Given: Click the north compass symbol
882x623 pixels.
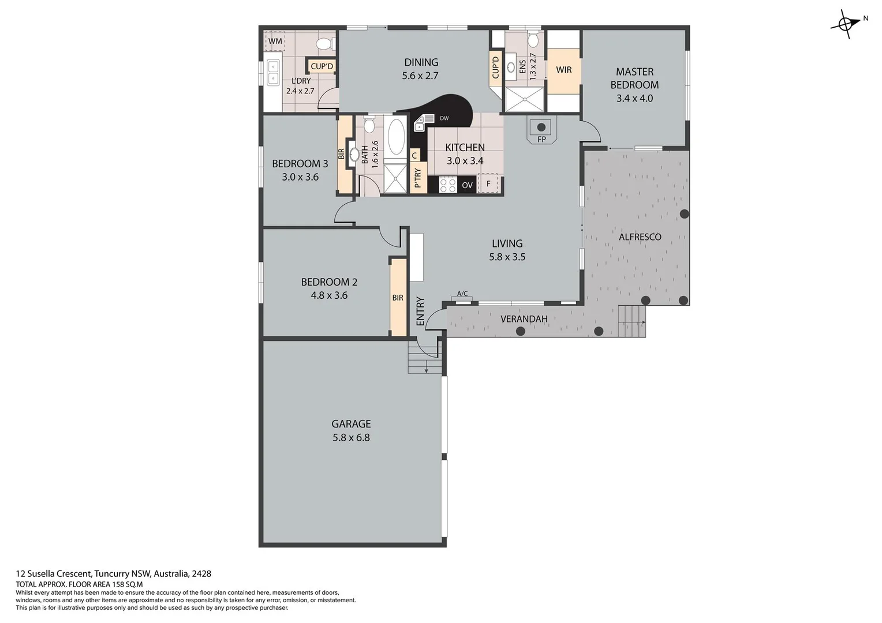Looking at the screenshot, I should (x=845, y=24).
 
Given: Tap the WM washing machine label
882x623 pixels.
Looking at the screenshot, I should (x=275, y=42).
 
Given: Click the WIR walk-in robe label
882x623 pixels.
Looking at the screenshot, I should (x=563, y=70).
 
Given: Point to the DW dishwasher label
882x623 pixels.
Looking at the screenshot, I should (x=444, y=119).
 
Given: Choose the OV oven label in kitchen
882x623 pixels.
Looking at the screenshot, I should (x=467, y=185).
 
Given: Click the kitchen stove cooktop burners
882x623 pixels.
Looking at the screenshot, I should (x=448, y=185).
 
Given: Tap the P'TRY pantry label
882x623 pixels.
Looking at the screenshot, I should (x=418, y=178).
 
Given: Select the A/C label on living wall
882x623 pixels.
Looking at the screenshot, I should (x=462, y=294).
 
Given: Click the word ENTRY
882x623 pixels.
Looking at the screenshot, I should (x=420, y=311).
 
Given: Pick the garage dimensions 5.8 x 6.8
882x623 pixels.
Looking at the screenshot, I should (x=351, y=437).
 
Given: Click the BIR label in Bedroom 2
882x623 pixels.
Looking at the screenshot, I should (x=398, y=298).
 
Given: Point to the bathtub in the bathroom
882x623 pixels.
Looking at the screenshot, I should (x=396, y=137).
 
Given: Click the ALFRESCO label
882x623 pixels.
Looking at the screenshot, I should (x=640, y=237).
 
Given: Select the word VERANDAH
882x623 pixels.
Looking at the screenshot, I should (x=524, y=319).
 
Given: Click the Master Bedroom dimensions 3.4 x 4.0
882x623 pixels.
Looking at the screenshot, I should (x=634, y=98).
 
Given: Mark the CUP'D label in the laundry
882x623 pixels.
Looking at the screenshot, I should (x=322, y=66).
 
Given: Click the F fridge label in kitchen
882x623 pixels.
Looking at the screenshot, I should (x=488, y=184).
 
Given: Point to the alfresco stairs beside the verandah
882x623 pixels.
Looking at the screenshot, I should (x=631, y=320).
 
